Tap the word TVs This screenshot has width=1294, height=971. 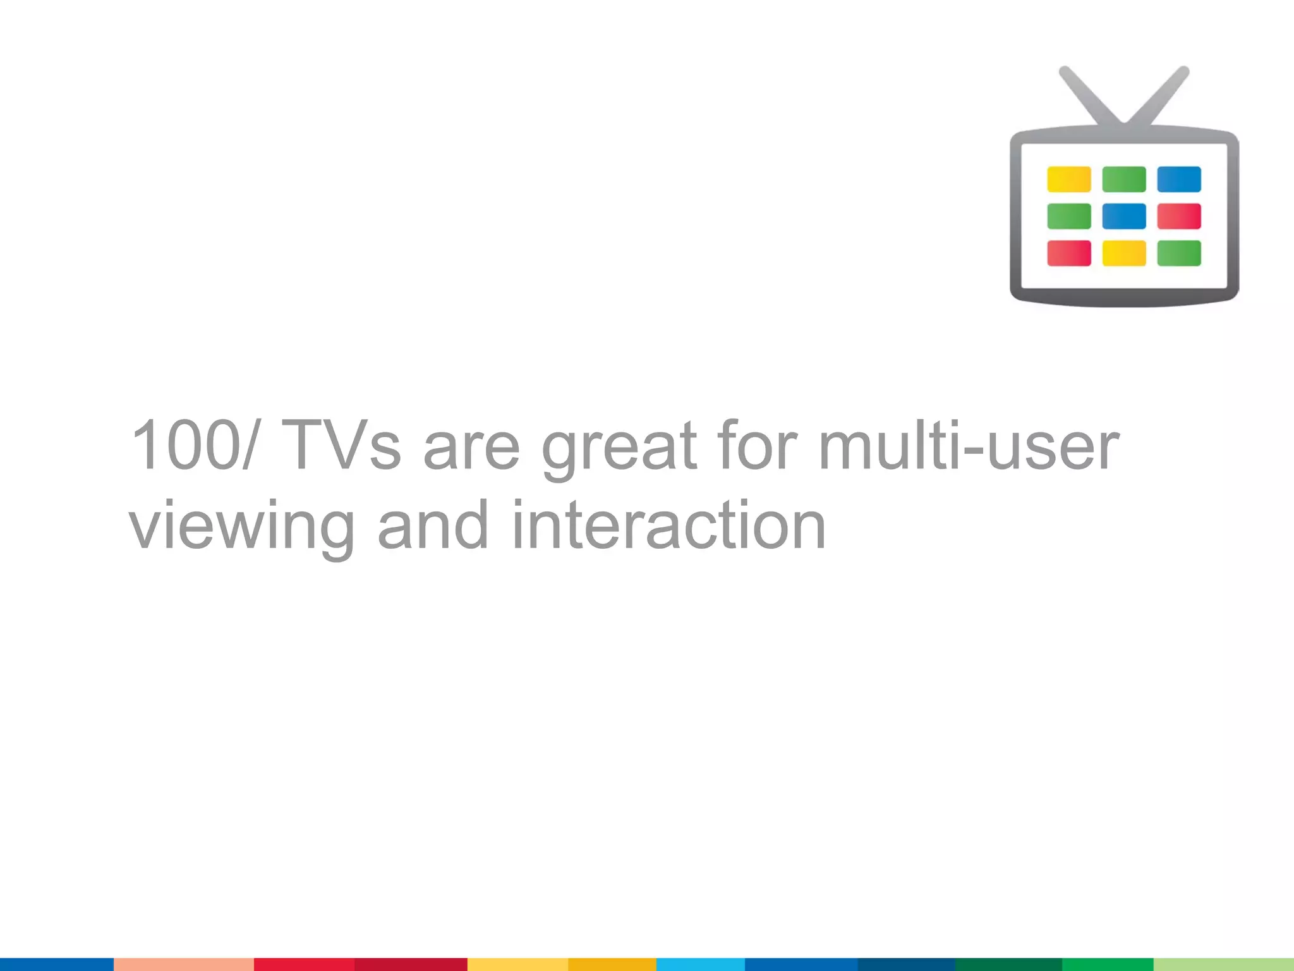coord(341,446)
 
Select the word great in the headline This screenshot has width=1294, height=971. coord(619,449)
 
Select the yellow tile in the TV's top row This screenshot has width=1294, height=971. coord(1068,180)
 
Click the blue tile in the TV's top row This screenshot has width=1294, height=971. coord(1179,180)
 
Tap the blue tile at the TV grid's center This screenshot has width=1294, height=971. coord(1123,216)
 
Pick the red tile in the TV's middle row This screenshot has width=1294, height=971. coord(1179,216)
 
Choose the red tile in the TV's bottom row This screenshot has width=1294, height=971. coord(1068,253)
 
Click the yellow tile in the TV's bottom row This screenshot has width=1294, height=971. coord(1123,253)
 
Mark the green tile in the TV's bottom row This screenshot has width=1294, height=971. coord(1179,253)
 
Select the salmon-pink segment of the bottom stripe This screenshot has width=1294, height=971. coord(183,964)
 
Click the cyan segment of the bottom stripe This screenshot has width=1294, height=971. coord(700,964)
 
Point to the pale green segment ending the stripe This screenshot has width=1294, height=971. coord(1223,964)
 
